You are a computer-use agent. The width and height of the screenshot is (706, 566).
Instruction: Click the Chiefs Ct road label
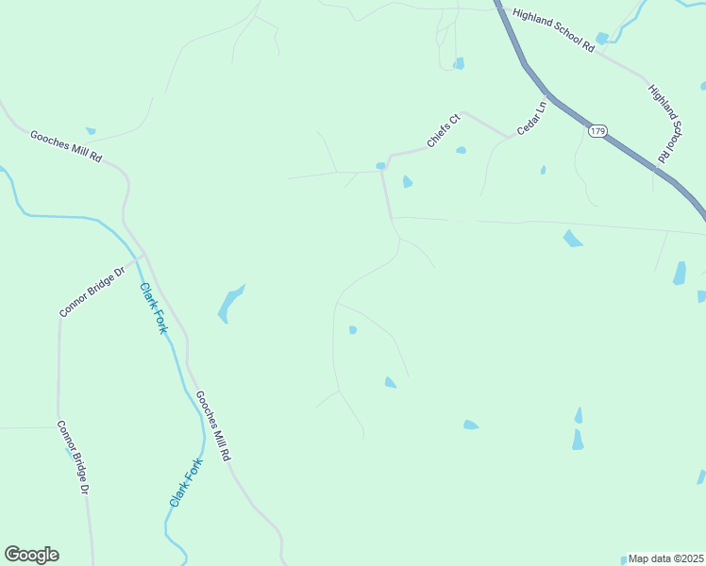442,131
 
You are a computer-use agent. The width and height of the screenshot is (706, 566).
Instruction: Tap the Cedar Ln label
531,118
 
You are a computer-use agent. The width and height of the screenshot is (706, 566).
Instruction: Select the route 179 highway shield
597,130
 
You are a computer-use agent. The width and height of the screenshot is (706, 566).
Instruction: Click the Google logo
31,555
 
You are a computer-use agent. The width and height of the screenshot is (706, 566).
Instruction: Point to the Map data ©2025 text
665,558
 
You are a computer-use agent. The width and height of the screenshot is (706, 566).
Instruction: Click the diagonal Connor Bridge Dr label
92,292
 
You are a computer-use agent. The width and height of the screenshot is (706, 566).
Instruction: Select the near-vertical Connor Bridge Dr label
72,458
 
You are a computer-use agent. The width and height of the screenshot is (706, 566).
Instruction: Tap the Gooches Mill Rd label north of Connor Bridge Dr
65,147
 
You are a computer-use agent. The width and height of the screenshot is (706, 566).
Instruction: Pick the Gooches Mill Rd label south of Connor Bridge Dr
212,425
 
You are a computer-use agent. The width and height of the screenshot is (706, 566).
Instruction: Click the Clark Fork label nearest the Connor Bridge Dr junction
153,308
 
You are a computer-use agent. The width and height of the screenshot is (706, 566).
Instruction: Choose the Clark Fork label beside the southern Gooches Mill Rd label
186,483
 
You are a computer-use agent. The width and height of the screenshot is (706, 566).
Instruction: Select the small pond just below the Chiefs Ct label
461,150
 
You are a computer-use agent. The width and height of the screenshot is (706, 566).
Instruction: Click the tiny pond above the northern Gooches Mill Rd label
91,130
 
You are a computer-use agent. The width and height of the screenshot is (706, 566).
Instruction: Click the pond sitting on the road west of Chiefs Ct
380,166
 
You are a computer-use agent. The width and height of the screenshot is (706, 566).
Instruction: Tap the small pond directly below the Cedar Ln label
543,170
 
